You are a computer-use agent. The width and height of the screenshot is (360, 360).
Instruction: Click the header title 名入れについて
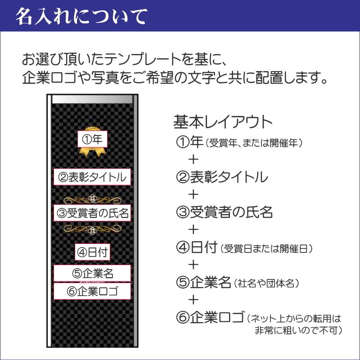(x=81, y=16)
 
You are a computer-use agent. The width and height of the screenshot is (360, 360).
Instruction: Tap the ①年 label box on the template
(x=92, y=139)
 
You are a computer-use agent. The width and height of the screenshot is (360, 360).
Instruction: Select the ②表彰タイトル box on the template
(x=92, y=176)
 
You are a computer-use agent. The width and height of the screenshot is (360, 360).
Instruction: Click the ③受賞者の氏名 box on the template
(x=92, y=213)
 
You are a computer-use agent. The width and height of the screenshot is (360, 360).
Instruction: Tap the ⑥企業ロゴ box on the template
(x=92, y=291)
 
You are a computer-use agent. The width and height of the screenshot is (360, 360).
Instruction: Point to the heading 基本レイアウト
(x=223, y=122)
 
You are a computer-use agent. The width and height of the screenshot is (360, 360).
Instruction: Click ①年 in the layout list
(x=189, y=143)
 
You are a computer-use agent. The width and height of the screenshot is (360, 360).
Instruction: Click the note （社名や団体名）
(x=265, y=283)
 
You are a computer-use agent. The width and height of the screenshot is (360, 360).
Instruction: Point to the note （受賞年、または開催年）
(x=254, y=144)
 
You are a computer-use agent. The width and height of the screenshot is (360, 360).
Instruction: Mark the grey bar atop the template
(x=92, y=99)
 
